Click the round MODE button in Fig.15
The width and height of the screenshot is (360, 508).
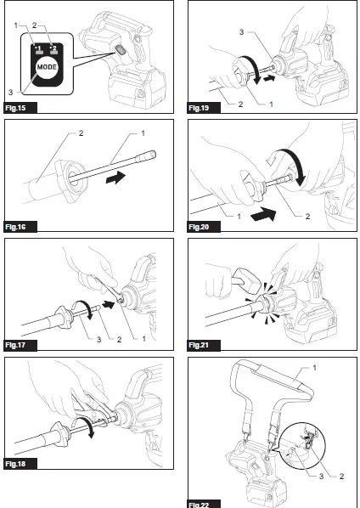tap(47, 67)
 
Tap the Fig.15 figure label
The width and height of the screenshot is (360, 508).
tap(15, 108)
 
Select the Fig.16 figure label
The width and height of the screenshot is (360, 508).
tap(15, 227)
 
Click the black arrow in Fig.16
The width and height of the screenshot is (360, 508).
tap(115, 178)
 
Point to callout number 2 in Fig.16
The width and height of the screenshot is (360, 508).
tap(81, 133)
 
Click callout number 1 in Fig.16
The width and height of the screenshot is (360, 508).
tap(143, 133)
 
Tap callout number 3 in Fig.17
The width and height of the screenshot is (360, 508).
tap(98, 339)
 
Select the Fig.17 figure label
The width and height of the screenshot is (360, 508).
tap(15, 345)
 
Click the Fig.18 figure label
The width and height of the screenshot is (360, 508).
tap(15, 464)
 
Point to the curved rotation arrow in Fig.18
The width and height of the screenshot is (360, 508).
tap(86, 425)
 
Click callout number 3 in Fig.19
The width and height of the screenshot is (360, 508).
tap(241, 32)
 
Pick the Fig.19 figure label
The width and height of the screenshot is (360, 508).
tap(199, 108)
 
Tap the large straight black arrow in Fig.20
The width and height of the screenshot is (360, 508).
tap(263, 214)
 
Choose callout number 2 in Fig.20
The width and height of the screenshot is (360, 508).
tap(307, 216)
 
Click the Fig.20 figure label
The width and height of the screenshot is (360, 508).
tap(199, 227)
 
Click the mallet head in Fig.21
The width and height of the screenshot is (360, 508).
tap(248, 279)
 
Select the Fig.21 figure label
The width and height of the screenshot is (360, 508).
tap(199, 345)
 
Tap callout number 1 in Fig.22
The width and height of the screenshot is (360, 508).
tap(314, 368)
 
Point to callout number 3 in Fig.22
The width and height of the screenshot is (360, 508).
tap(321, 476)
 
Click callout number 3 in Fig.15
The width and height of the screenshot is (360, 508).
tap(10, 93)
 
